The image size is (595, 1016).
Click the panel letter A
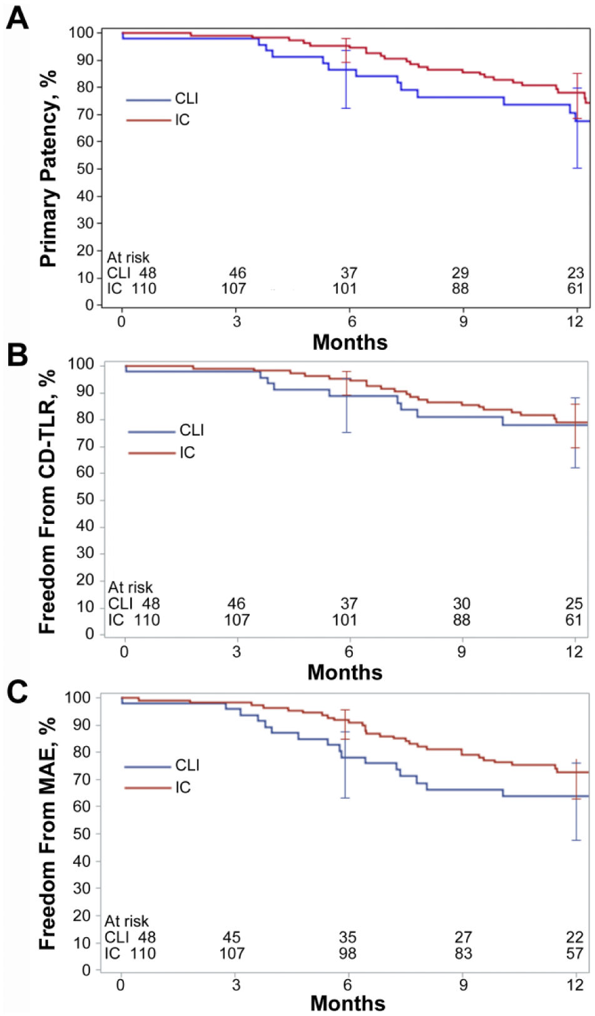18,19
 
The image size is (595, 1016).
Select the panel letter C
18,692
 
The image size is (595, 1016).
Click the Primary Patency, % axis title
48,168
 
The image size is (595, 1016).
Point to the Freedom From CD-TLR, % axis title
47,501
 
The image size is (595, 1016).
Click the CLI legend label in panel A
186,98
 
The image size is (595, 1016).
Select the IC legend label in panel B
187,453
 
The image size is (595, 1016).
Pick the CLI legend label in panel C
187,765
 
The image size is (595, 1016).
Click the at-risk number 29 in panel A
460,273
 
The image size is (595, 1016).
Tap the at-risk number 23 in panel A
576,273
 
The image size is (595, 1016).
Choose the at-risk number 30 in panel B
462,603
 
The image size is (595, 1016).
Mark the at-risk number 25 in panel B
574,603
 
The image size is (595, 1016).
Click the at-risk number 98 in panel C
348,953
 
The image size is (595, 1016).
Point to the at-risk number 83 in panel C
463,953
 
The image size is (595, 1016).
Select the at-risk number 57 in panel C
574,953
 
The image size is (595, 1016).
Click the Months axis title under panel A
350,342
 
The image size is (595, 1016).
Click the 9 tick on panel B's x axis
461,652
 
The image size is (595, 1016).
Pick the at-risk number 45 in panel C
231,937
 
